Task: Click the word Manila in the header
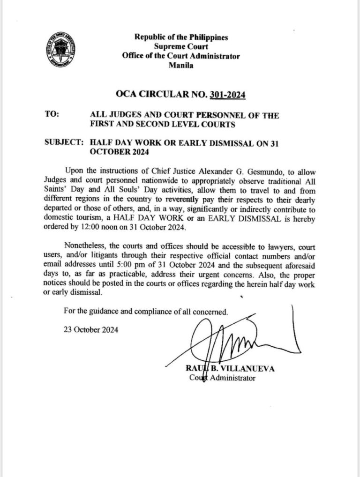click(180, 65)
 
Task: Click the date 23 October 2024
click(91, 329)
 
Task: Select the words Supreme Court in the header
click(180, 46)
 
